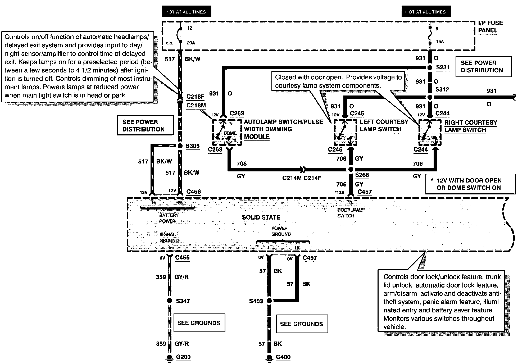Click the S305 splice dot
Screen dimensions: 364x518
(x=180, y=146)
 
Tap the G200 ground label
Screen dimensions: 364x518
(x=183, y=357)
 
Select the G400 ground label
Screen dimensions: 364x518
(x=283, y=357)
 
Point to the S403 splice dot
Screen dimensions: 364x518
(x=269, y=301)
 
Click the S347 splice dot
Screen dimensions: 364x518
(x=169, y=301)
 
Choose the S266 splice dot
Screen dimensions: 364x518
(x=351, y=170)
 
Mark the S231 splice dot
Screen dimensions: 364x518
(x=430, y=67)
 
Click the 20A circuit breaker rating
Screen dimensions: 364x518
(x=191, y=43)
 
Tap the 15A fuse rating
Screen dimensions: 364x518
(x=440, y=42)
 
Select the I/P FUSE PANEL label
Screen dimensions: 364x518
(x=490, y=27)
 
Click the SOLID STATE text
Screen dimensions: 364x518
(x=261, y=217)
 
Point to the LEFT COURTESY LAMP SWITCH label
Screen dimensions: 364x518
(x=384, y=126)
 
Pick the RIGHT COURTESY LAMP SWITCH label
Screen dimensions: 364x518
(x=471, y=126)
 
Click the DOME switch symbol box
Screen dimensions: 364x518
(x=227, y=133)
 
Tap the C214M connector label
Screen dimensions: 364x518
(x=292, y=178)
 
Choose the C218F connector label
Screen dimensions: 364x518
(x=195, y=97)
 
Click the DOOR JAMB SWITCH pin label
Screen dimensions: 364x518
(x=350, y=213)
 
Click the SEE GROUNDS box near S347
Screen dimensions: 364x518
(x=199, y=323)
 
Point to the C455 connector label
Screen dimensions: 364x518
(x=182, y=257)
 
